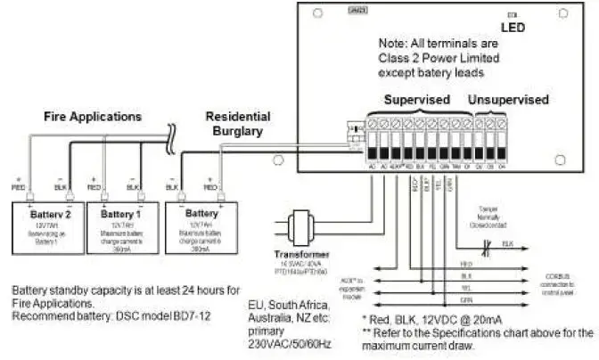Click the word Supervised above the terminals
click(417, 100)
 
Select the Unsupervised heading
click(509, 100)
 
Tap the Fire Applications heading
click(94, 116)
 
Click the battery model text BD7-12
click(192, 316)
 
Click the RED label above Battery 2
click(20, 189)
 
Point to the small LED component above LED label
click(511, 15)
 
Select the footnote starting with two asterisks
click(478, 338)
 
